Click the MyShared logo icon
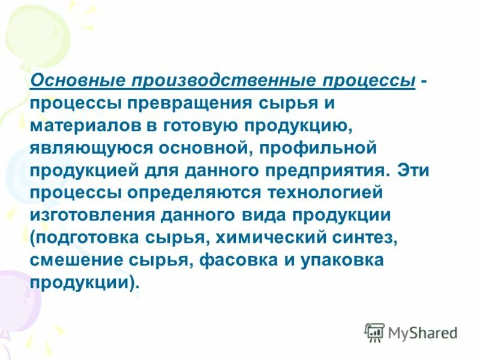pos(375,332)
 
